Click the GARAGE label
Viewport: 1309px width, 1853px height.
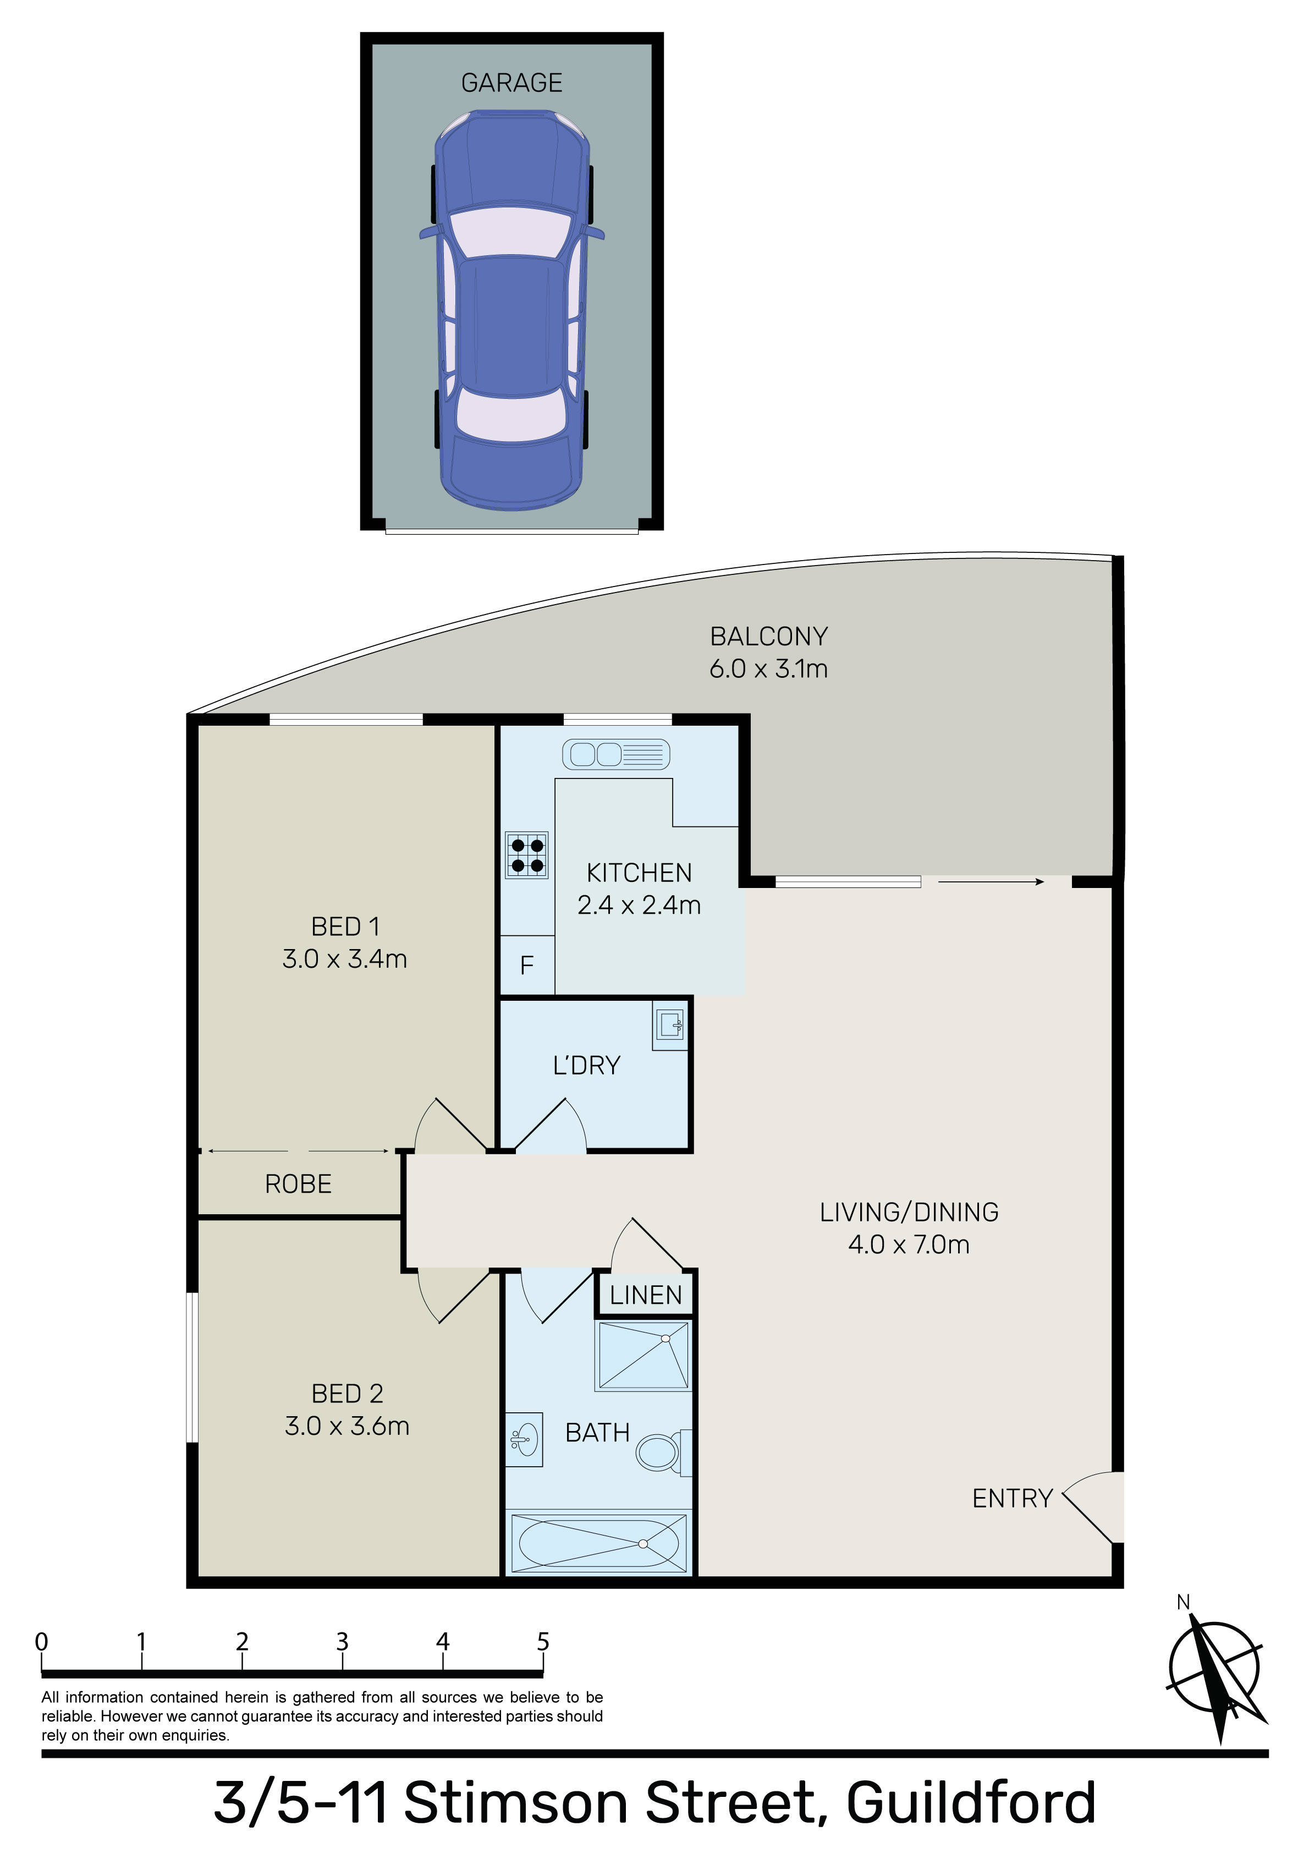pyautogui.click(x=512, y=83)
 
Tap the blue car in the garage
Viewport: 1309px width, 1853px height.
pyautogui.click(x=512, y=311)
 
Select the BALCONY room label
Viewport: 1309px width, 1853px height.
pyautogui.click(x=768, y=637)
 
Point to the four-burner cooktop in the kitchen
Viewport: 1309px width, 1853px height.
pyautogui.click(x=527, y=854)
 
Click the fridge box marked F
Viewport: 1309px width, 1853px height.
pyautogui.click(x=527, y=965)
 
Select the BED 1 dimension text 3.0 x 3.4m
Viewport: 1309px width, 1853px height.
pyautogui.click(x=345, y=959)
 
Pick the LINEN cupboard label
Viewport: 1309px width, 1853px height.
pyautogui.click(x=646, y=1295)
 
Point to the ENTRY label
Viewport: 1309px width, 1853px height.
pyautogui.click(x=1012, y=1499)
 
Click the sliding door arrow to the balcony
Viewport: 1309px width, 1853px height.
pyautogui.click(x=991, y=882)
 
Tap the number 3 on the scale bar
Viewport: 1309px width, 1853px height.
pyautogui.click(x=342, y=1642)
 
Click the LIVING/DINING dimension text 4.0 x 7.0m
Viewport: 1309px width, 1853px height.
pyautogui.click(x=909, y=1245)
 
